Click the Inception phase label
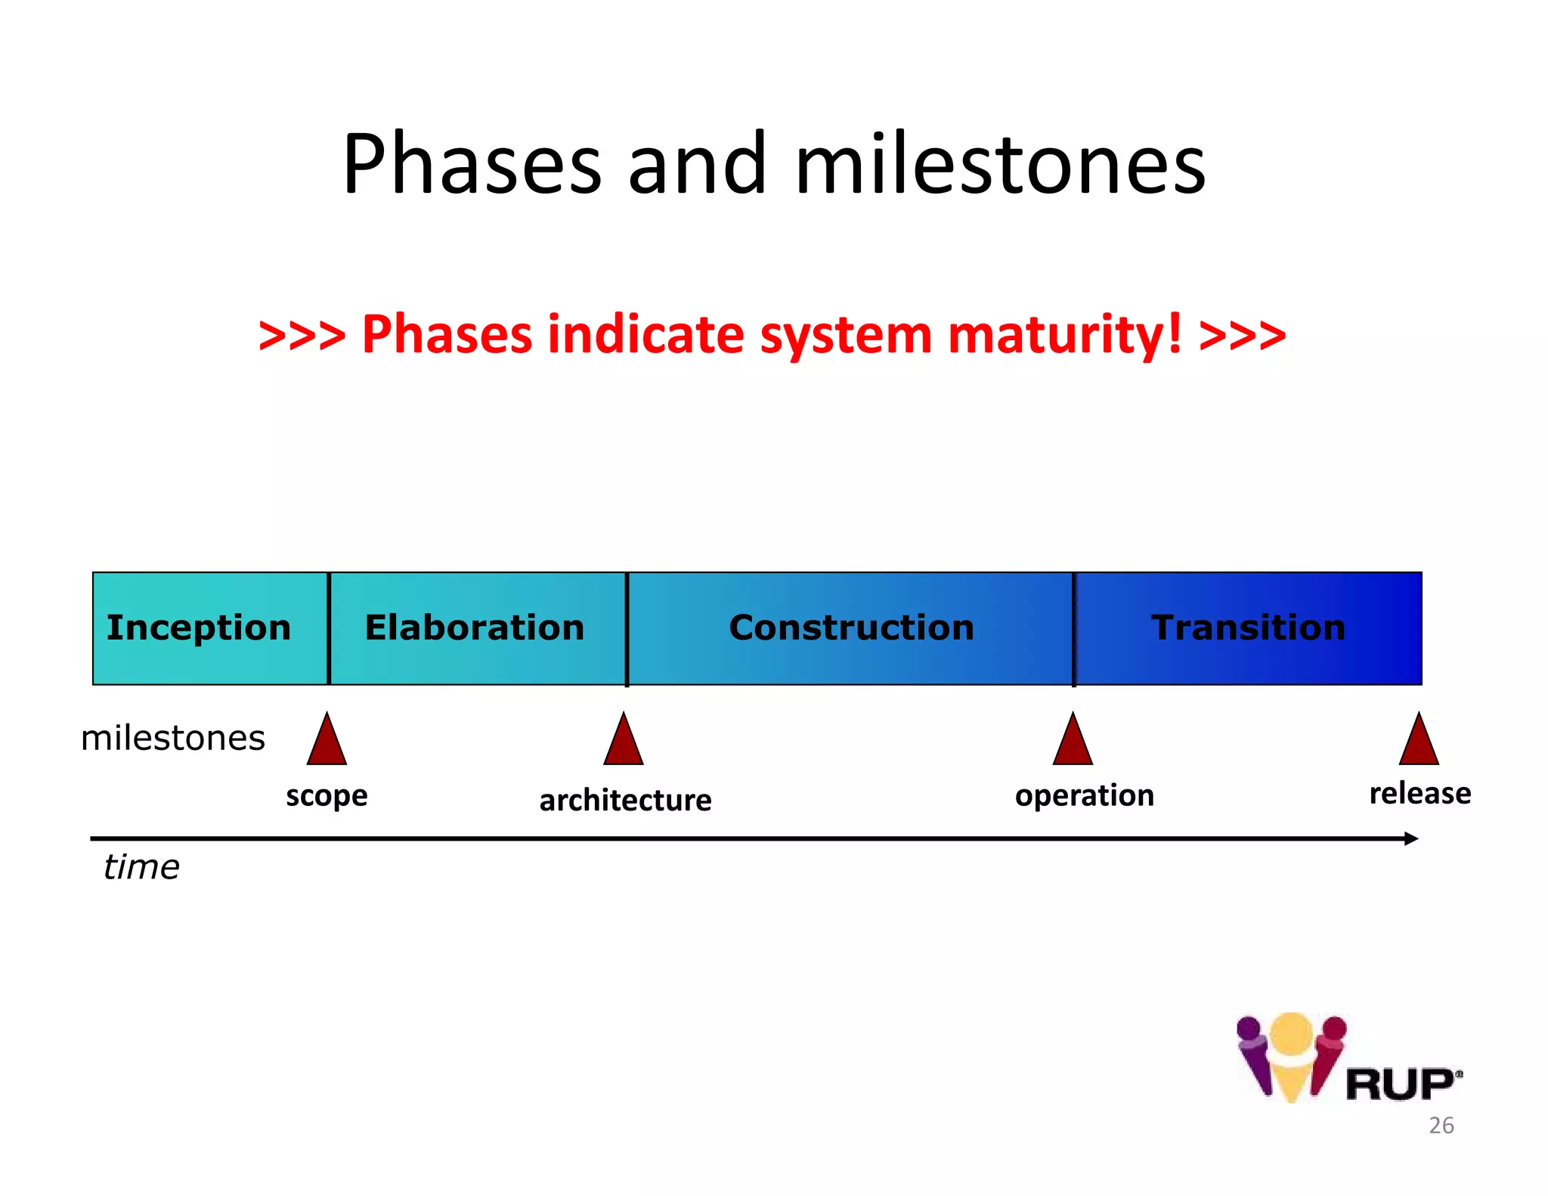point(199,627)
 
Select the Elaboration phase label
point(475,627)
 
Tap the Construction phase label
point(851,627)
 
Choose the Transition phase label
point(1248,627)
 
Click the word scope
point(327,796)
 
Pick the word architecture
point(625,800)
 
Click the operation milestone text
point(1084,796)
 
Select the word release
point(1420,793)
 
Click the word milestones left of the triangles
point(173,738)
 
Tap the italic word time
point(141,867)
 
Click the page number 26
point(1441,1126)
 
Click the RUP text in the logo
point(1399,1085)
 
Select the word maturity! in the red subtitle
point(1064,334)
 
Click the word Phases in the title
point(472,164)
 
